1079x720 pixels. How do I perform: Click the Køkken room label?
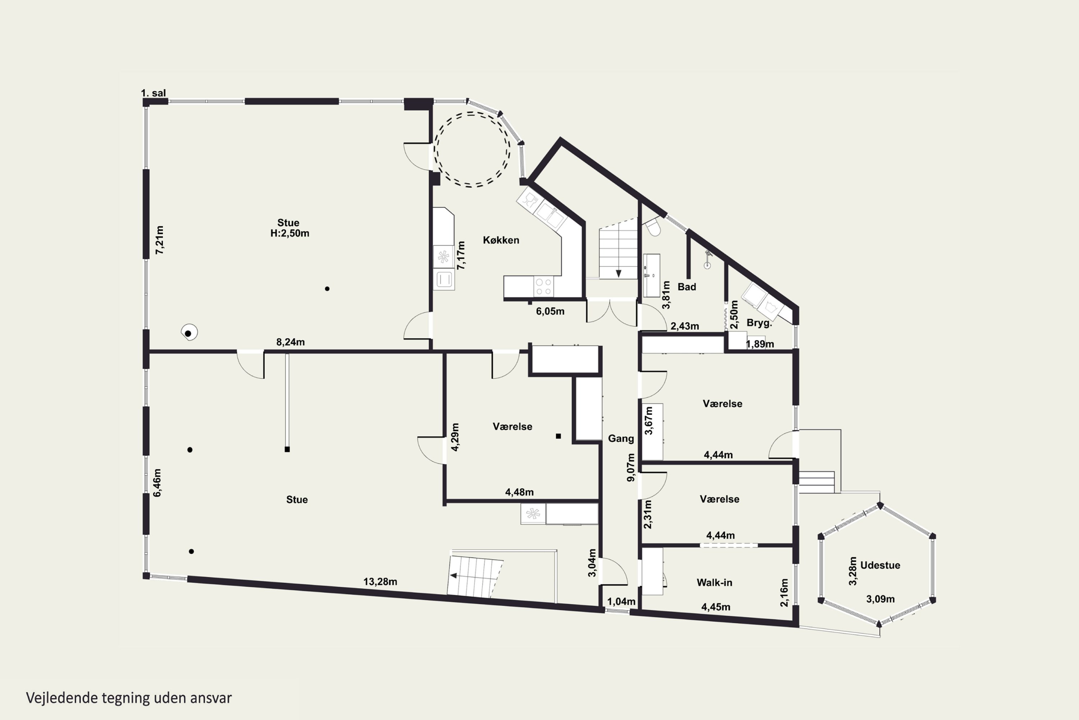501,240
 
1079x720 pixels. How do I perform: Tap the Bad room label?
687,287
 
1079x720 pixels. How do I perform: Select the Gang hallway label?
621,438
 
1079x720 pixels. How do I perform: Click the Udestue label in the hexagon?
880,565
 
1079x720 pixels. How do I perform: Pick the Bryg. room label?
759,323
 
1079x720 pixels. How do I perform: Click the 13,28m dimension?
380,582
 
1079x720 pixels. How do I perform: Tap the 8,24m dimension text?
290,342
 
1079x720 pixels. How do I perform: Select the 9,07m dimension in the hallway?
631,467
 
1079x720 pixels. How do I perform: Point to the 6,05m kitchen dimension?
550,311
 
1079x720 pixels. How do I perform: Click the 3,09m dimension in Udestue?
880,599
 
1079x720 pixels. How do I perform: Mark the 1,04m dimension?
622,602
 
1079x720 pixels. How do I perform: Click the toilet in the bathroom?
653,227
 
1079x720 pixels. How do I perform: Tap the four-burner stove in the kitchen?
543,287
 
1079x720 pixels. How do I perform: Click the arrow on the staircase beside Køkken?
618,273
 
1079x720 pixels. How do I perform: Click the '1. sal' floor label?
153,93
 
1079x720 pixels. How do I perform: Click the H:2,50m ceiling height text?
290,233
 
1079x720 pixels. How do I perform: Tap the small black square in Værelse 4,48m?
558,436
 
